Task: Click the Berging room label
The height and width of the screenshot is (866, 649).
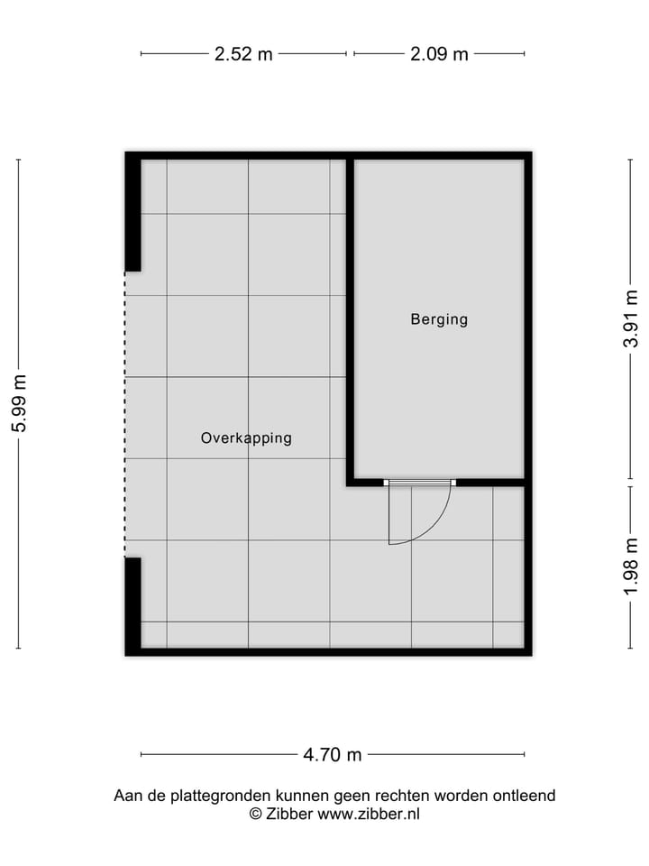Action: click(x=439, y=319)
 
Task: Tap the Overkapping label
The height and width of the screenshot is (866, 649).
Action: click(x=246, y=438)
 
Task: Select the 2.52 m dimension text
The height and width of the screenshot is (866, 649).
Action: click(x=243, y=54)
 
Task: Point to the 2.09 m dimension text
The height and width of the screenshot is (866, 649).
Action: click(x=439, y=54)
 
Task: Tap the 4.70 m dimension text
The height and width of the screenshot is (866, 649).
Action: click(x=333, y=755)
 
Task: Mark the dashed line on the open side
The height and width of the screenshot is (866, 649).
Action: click(x=125, y=415)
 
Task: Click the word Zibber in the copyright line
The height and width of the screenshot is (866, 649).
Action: click(x=290, y=814)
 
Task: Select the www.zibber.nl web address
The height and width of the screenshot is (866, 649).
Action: click(x=369, y=814)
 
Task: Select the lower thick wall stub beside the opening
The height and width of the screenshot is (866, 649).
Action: click(x=133, y=604)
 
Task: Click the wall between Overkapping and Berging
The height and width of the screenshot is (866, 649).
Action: click(x=350, y=316)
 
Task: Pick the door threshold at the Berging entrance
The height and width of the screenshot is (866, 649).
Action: click(x=419, y=483)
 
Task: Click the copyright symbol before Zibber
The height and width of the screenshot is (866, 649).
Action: click(x=255, y=814)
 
